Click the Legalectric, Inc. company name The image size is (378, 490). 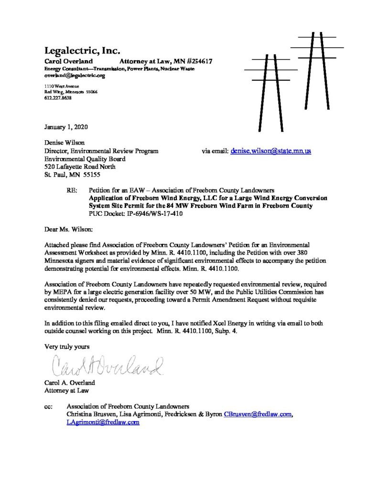point(82,51)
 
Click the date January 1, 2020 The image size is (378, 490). point(66,127)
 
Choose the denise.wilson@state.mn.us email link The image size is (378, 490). point(270,151)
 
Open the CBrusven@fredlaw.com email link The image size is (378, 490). point(258,414)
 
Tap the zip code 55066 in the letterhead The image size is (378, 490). point(91,91)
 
